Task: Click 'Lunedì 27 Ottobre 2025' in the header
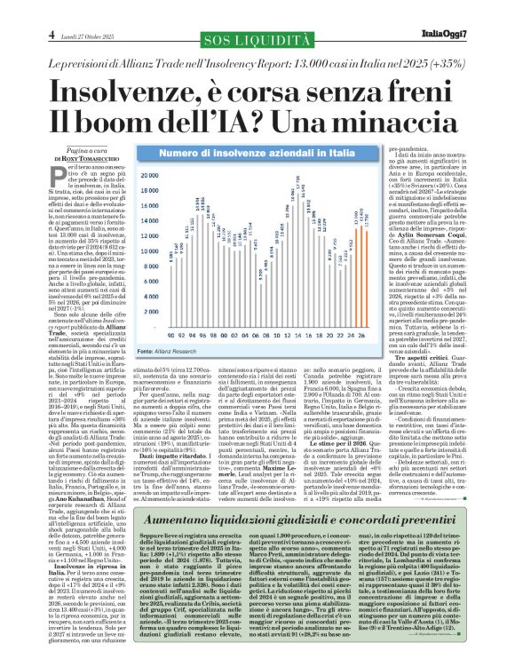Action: click(x=54, y=10)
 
